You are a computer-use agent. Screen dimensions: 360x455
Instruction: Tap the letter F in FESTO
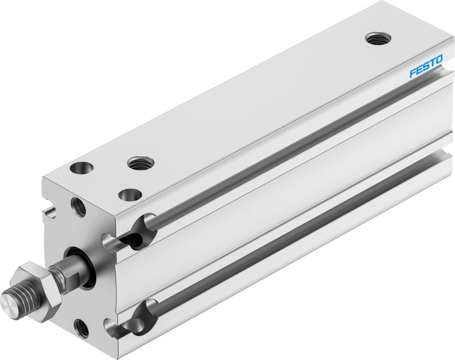(x=413, y=73)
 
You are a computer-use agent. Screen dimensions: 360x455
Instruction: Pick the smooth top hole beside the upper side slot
(x=130, y=195)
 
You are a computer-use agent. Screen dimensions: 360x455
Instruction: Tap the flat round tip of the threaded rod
(x=9, y=300)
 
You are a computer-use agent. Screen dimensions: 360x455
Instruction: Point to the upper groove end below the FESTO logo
(x=444, y=73)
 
